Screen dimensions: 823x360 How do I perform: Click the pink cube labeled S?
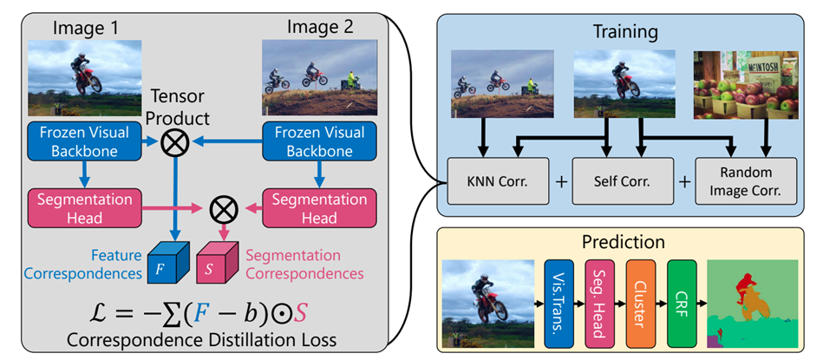(x=217, y=262)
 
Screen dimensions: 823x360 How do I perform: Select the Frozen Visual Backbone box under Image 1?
(x=83, y=141)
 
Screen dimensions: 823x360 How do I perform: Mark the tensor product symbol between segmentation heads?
(x=223, y=209)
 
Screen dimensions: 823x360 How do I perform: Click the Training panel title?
(x=625, y=31)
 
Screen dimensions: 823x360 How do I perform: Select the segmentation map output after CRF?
(x=752, y=304)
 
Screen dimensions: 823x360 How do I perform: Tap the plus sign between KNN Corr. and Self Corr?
(x=560, y=182)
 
